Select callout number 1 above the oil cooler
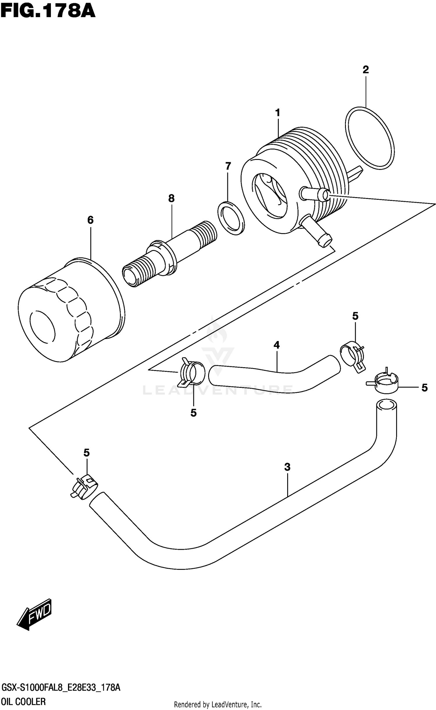tap(278, 113)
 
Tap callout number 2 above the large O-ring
tap(365, 69)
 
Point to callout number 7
tap(228, 166)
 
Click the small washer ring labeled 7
tap(231, 218)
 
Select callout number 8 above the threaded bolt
tap(171, 199)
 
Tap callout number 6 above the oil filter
tap(90, 220)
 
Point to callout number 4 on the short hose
tap(276, 345)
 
